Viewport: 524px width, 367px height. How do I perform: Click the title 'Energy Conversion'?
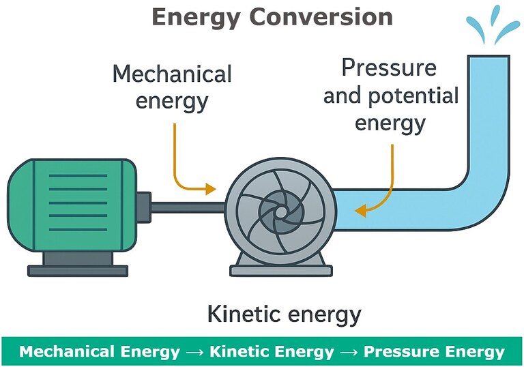point(272,16)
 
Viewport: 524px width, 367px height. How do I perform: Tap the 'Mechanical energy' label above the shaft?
point(172,87)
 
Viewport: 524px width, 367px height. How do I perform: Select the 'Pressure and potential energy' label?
point(391,96)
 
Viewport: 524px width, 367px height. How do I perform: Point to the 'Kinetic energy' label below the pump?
point(283,314)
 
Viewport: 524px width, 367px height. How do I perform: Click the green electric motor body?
point(68,204)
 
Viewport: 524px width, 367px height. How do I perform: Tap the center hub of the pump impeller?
point(280,211)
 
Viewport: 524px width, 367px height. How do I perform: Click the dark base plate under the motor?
point(76,269)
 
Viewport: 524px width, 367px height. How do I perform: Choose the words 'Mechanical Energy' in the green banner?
point(100,352)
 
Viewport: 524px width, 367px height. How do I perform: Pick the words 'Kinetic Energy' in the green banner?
point(272,352)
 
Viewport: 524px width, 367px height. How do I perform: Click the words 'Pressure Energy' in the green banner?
point(434,352)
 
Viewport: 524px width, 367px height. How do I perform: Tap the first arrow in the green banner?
point(195,353)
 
